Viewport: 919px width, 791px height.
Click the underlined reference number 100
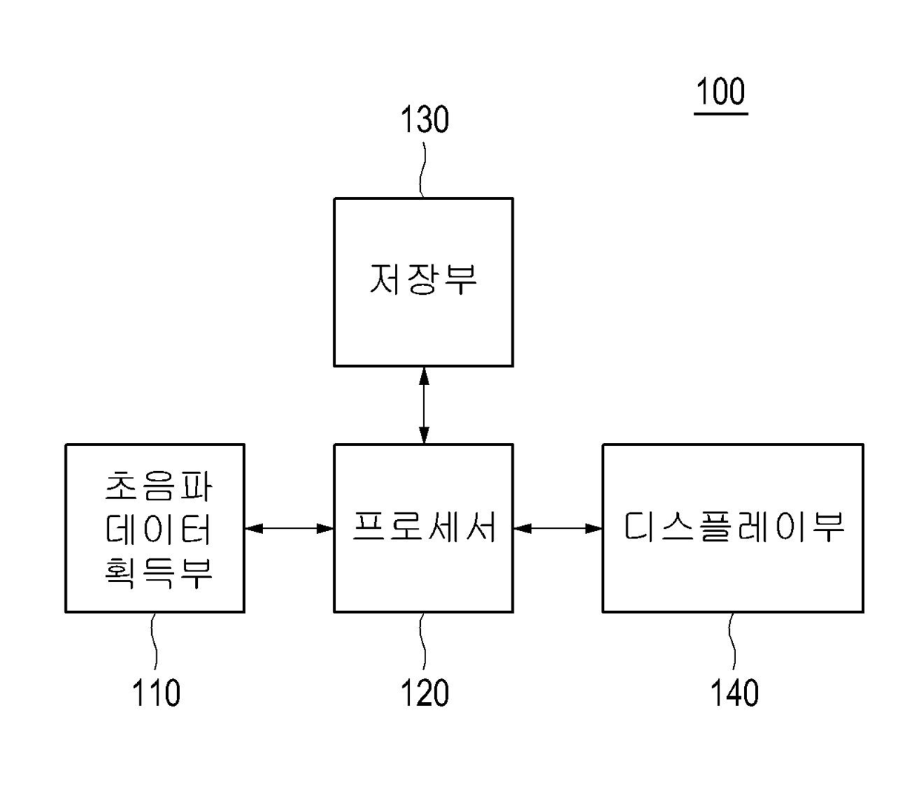[x=720, y=92]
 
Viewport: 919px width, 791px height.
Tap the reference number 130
[x=425, y=119]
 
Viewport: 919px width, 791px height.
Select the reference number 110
[x=156, y=692]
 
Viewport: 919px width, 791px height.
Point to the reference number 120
[x=425, y=692]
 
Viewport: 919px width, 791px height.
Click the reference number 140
[x=734, y=692]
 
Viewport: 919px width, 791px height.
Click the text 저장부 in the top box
[x=423, y=279]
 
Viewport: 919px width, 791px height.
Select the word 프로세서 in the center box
[x=424, y=527]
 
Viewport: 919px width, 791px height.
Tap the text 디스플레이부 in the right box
[x=733, y=527]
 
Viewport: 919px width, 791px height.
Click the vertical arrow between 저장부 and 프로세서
[x=424, y=405]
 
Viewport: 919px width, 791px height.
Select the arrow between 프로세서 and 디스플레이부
[x=558, y=528]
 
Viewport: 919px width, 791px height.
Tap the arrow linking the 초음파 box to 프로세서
[x=289, y=528]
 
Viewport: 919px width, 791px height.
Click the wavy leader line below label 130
[x=423, y=170]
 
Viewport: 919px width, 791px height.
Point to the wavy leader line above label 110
[x=154, y=641]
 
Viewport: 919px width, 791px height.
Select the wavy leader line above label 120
[x=423, y=641]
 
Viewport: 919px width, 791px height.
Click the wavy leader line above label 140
[x=732, y=641]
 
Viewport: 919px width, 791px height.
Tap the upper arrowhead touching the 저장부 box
[x=424, y=376]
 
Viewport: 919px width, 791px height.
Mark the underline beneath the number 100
[x=720, y=114]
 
